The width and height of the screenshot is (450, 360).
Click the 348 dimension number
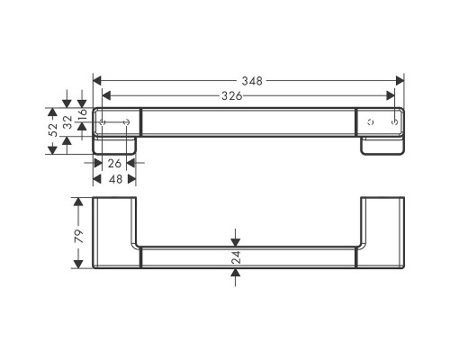[x=252, y=81]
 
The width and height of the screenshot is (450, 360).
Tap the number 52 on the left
[x=53, y=130]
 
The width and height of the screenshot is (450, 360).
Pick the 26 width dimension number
[x=114, y=164]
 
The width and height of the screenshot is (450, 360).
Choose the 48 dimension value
[x=114, y=179]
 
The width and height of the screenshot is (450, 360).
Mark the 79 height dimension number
[x=76, y=238]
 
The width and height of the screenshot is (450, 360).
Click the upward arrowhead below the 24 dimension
[x=236, y=274]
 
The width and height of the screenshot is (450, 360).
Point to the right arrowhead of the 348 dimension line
[x=400, y=81]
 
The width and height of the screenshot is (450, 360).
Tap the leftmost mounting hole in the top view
[x=104, y=121]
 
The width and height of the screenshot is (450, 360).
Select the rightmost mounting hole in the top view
[x=394, y=121]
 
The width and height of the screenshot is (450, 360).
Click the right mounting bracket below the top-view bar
[x=382, y=146]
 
